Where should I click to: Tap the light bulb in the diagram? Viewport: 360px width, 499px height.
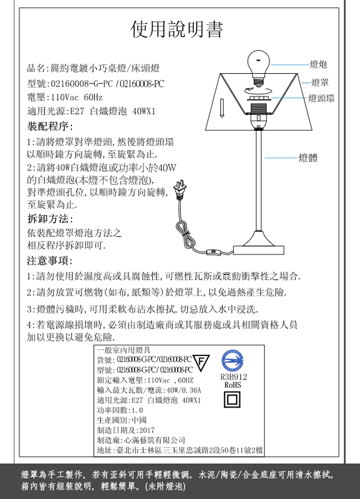click(260, 62)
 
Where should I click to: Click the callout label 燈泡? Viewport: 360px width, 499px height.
click(318, 64)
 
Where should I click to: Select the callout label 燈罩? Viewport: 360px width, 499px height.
click(320, 82)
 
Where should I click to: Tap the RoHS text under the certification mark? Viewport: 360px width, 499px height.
click(232, 384)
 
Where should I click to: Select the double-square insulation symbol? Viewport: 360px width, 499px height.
click(232, 400)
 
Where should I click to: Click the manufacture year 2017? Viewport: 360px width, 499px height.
click(146, 430)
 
